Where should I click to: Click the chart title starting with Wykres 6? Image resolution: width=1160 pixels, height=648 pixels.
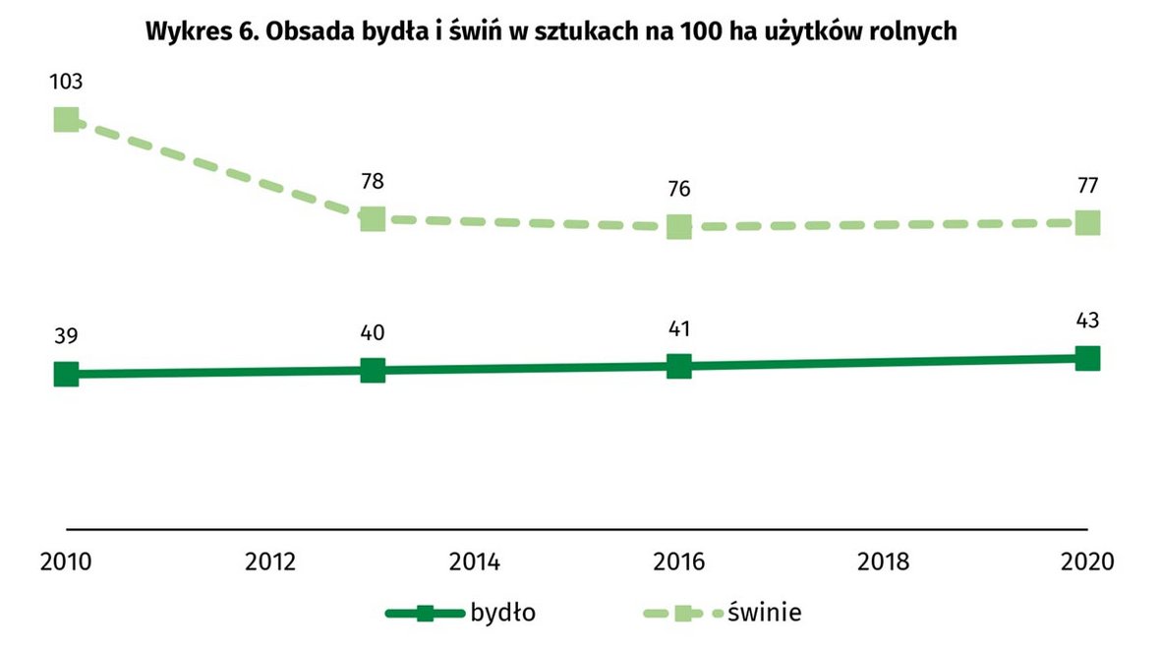(x=551, y=31)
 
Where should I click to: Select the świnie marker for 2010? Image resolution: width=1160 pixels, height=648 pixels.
(x=66, y=120)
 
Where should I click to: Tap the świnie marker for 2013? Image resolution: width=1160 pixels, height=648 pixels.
(x=372, y=218)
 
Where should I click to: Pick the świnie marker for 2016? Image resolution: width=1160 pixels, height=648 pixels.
(x=678, y=226)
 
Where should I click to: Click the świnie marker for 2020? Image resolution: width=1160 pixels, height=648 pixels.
(x=1086, y=222)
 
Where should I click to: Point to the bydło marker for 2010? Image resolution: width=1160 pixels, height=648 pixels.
(x=66, y=374)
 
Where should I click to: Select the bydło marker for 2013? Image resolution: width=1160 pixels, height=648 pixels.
(x=372, y=370)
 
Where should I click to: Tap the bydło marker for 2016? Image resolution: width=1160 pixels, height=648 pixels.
(x=678, y=366)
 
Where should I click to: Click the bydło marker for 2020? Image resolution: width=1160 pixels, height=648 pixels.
(x=1086, y=358)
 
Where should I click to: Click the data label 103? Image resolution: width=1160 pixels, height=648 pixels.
(x=66, y=82)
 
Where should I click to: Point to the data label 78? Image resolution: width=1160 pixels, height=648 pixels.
(x=372, y=181)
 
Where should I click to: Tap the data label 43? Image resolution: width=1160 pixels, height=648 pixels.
(x=1086, y=321)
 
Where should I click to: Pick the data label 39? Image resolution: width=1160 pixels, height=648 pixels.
(x=66, y=336)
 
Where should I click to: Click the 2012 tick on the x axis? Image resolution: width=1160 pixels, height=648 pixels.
(x=270, y=562)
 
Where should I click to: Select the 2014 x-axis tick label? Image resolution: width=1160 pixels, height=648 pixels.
(x=475, y=562)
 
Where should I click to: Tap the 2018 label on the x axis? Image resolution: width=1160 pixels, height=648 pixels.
(x=883, y=562)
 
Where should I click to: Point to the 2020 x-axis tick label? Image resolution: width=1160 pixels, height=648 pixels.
(x=1086, y=562)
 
